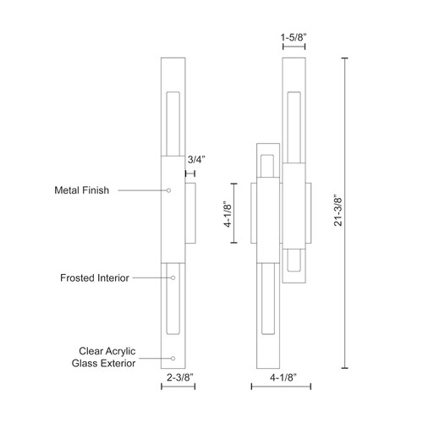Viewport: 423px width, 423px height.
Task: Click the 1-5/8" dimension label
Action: (x=293, y=37)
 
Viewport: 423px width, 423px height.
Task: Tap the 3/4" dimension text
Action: (x=195, y=158)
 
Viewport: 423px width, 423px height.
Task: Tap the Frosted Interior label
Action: (x=94, y=277)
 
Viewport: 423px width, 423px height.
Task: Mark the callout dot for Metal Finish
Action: (x=170, y=191)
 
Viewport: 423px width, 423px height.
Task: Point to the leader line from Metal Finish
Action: (x=144, y=191)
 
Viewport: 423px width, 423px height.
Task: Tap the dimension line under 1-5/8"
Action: (x=293, y=48)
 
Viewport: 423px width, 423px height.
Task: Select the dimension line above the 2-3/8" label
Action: (x=178, y=387)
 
